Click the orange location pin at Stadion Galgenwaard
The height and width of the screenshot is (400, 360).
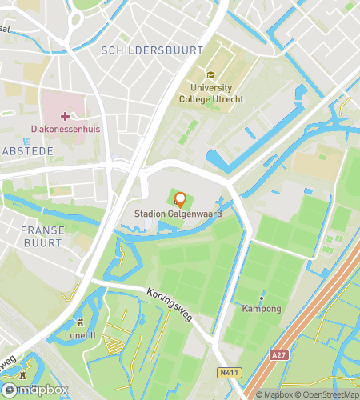pos(180,199)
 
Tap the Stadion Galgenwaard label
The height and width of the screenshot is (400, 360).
pos(178,214)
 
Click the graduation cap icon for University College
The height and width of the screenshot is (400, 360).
pos(210,75)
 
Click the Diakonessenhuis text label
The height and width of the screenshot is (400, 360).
pos(65,128)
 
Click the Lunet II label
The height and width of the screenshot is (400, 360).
pos(80,335)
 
